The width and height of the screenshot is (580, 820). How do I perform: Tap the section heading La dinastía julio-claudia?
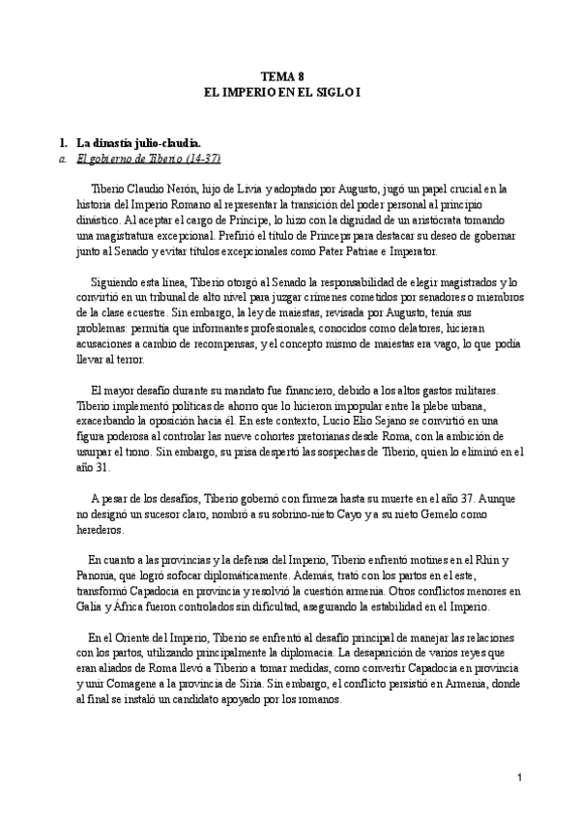click(137, 142)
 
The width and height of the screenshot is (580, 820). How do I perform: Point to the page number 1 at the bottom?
click(520, 776)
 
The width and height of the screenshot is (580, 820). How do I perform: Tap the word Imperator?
click(412, 250)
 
